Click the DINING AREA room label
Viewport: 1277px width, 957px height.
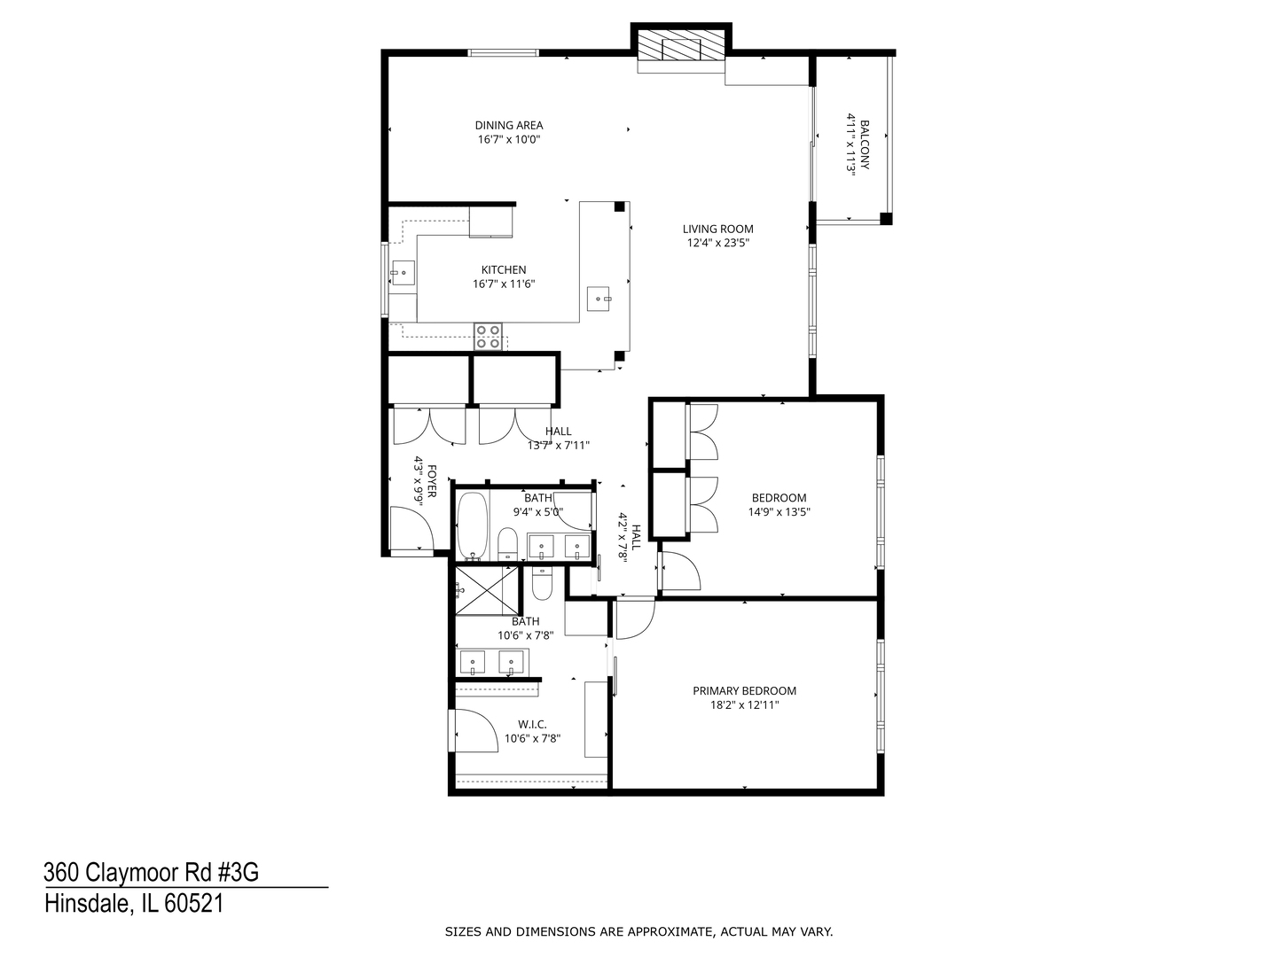click(508, 125)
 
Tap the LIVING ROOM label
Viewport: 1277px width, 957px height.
click(717, 229)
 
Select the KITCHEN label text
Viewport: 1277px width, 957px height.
click(504, 270)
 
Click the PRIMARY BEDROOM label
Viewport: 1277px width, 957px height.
click(744, 691)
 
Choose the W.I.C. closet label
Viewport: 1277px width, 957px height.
click(532, 724)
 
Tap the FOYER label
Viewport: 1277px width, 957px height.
click(432, 481)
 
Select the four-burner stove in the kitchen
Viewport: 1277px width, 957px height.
click(488, 337)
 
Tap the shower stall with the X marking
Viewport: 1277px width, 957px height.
click(487, 590)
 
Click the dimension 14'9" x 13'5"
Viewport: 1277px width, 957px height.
click(779, 511)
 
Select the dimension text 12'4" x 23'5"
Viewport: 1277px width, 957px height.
click(717, 243)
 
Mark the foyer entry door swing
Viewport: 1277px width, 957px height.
click(411, 530)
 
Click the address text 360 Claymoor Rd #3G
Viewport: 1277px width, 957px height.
click(151, 873)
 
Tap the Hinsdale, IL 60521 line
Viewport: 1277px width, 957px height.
click(133, 904)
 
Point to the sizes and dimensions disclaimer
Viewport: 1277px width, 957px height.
click(638, 931)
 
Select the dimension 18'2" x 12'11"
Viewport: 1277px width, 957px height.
click(744, 705)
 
